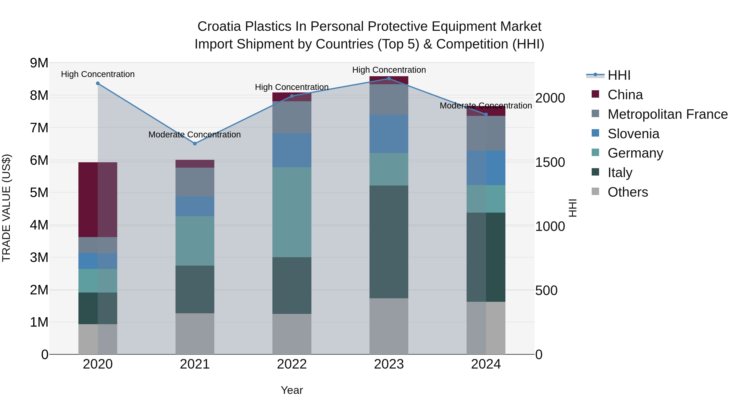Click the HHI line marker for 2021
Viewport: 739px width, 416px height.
click(195, 144)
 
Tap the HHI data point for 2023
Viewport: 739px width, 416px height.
click(389, 79)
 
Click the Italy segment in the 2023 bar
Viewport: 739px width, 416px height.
click(389, 242)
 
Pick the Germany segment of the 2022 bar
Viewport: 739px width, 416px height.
click(292, 212)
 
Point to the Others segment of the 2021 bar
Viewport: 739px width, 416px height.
click(195, 334)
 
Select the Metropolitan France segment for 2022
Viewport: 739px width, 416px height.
click(292, 117)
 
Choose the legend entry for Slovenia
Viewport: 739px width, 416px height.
click(633, 134)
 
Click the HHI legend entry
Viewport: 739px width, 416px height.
click(619, 75)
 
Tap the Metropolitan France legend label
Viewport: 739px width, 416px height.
click(668, 114)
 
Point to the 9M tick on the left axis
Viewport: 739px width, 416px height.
click(39, 63)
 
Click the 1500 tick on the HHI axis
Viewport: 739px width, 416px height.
click(550, 162)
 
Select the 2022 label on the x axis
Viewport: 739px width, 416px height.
click(292, 364)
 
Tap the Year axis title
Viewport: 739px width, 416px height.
click(292, 390)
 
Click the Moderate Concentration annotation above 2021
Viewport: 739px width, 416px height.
click(195, 134)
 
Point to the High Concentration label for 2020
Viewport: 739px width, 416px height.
click(98, 74)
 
